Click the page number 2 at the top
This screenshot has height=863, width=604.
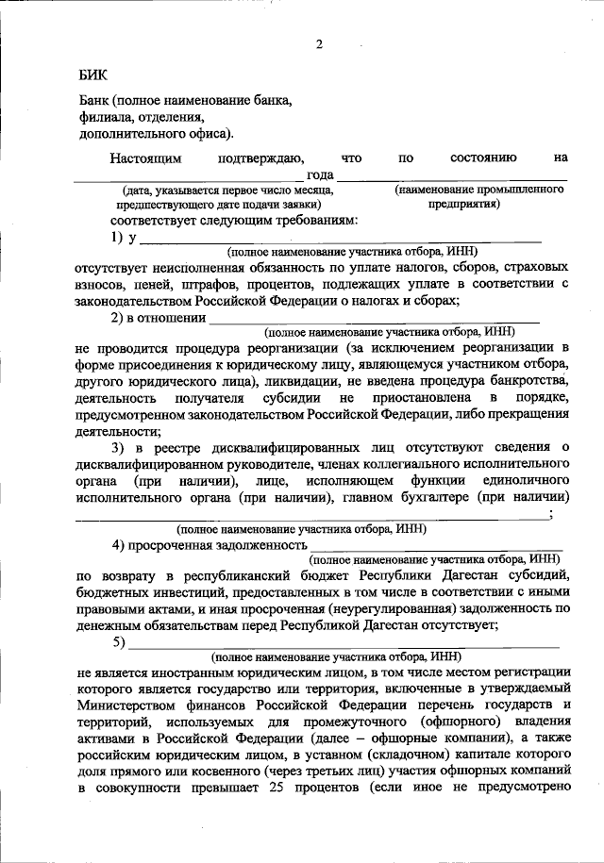tap(319, 44)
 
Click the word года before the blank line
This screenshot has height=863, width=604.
tap(320, 174)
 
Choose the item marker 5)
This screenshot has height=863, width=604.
tap(119, 643)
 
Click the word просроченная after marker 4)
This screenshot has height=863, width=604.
tap(188, 544)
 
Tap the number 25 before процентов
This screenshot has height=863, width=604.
tap(308, 789)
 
